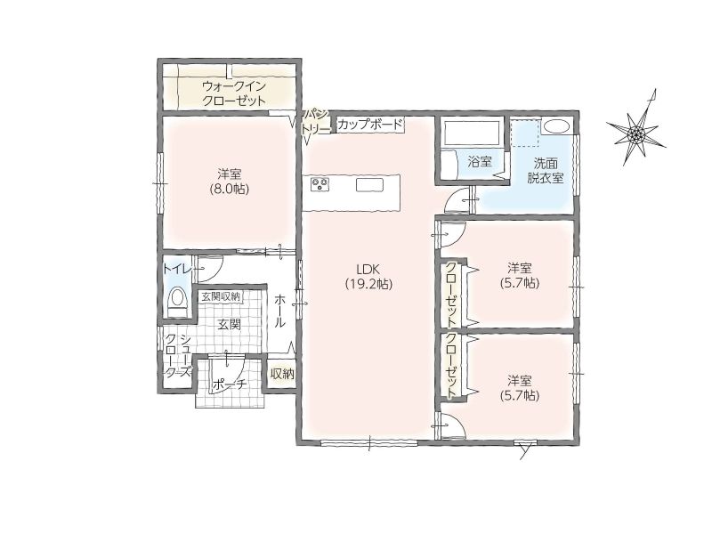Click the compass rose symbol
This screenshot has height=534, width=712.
[x=636, y=133]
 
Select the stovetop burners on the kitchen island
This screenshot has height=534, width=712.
[x=320, y=184]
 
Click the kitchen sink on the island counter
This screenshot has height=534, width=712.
[x=369, y=185]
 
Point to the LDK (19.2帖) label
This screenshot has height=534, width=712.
[x=368, y=276]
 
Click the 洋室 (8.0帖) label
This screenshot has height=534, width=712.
[x=229, y=182]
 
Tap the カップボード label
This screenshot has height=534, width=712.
[x=370, y=124]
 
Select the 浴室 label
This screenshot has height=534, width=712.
[x=480, y=162]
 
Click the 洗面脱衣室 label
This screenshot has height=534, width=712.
[x=546, y=170]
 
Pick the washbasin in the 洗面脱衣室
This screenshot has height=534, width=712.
[x=557, y=125]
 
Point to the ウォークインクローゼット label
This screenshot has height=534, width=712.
[x=233, y=93]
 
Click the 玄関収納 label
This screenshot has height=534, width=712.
[x=220, y=296]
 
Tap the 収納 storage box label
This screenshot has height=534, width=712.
[x=282, y=374]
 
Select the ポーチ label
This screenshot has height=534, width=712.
[x=229, y=384]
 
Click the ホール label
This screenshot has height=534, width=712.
[x=279, y=311]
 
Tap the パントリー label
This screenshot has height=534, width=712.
[x=317, y=121]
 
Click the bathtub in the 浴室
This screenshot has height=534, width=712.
[x=473, y=131]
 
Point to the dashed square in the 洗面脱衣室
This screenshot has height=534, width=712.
[x=525, y=133]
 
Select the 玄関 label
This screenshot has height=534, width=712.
[x=229, y=324]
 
